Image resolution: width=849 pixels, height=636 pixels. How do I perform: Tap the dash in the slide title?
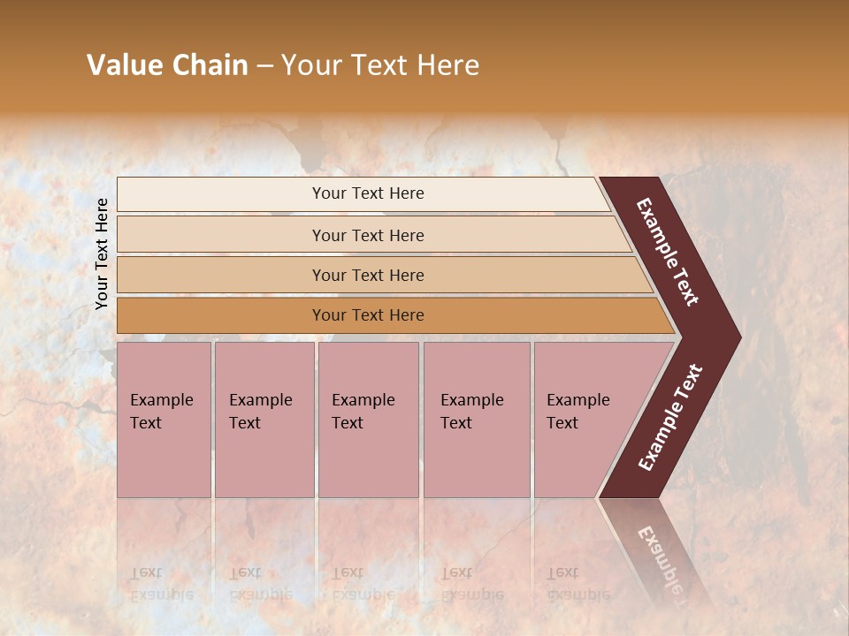pyautogui.click(x=264, y=66)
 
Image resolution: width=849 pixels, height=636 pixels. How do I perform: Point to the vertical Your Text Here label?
pyautogui.click(x=102, y=254)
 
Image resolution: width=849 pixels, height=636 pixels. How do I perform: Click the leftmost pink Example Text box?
pyautogui.click(x=164, y=420)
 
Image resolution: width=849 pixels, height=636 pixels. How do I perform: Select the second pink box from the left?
pyautogui.click(x=264, y=420)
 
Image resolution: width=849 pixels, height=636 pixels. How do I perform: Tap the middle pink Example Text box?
pyautogui.click(x=368, y=420)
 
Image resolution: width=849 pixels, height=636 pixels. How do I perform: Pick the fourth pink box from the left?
pyautogui.click(x=477, y=420)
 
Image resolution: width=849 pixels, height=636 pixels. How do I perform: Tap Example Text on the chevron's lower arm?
pyautogui.click(x=670, y=418)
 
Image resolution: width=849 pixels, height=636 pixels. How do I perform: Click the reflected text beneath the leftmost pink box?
pyautogui.click(x=161, y=584)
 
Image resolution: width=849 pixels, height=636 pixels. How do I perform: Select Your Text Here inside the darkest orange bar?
pyautogui.click(x=368, y=315)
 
